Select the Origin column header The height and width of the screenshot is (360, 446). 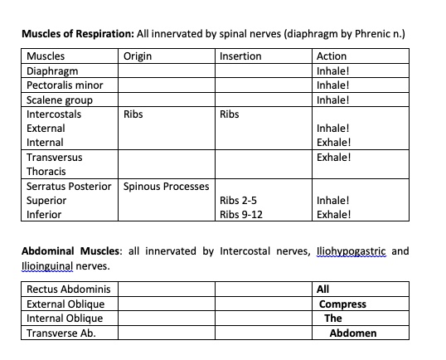[137, 56]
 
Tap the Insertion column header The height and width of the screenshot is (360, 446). [240, 56]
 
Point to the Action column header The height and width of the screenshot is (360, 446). [332, 56]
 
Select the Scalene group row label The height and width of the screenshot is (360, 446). [60, 100]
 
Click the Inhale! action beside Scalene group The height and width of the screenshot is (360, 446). [333, 100]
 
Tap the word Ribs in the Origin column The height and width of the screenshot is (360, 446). [133, 114]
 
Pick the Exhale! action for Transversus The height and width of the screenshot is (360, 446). [334, 157]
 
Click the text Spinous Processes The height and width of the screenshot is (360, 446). [166, 186]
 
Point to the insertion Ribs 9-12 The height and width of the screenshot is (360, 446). [241, 214]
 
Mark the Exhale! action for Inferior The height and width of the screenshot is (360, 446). [334, 214]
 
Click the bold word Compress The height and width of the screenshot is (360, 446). [342, 304]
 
